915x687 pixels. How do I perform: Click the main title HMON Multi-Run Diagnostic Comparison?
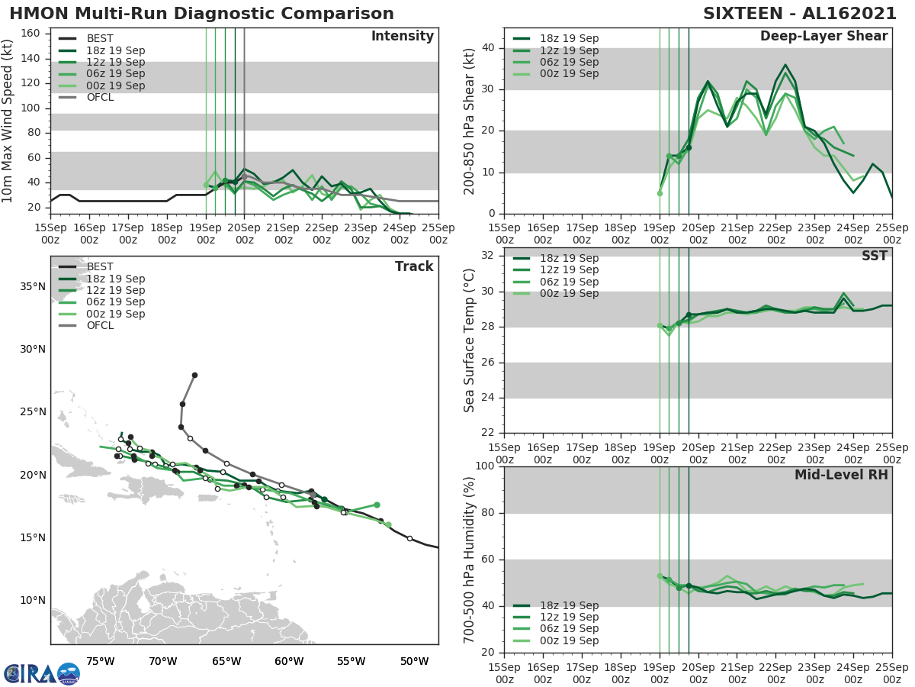click(202, 14)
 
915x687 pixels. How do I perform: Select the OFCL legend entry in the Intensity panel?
click(100, 97)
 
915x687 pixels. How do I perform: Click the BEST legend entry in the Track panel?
click(100, 266)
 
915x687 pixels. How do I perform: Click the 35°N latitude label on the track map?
click(31, 286)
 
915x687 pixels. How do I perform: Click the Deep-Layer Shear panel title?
click(823, 37)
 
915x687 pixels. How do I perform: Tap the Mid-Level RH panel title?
click(841, 475)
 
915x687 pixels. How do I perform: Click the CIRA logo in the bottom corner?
click(42, 673)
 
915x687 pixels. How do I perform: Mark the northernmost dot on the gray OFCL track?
click(194, 375)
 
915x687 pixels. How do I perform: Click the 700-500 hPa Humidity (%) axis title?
click(470, 559)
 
